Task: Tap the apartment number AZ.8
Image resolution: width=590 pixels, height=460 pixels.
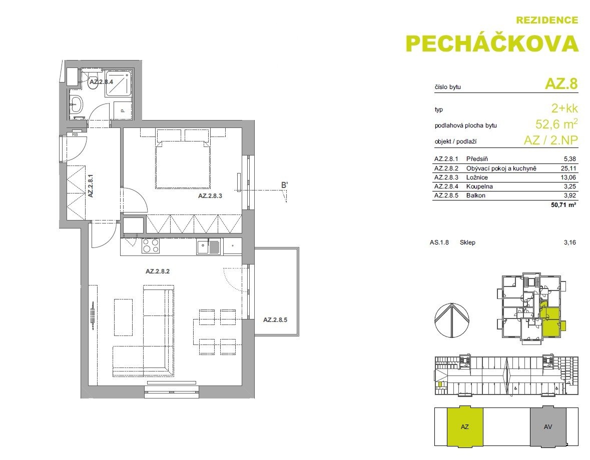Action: point(561,83)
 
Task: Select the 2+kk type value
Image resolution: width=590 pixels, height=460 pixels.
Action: point(564,108)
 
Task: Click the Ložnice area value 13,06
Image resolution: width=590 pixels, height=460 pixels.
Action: point(568,177)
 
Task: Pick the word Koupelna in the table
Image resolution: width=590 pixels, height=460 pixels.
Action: point(479,186)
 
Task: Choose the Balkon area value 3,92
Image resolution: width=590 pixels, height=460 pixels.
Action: point(570,195)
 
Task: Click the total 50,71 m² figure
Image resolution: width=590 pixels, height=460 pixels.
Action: point(563,205)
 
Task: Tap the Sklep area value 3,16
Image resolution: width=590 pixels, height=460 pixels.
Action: point(570,242)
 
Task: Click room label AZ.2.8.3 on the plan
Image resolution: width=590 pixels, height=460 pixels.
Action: point(210,196)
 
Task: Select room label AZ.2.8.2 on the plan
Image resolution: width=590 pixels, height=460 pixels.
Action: point(158,271)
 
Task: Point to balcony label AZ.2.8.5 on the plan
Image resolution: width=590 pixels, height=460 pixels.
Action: point(275,320)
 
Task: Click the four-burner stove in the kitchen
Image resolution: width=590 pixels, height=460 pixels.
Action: point(150,246)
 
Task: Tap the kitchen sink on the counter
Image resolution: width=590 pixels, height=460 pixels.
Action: point(208,246)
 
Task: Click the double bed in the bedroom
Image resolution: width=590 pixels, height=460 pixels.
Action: point(183,158)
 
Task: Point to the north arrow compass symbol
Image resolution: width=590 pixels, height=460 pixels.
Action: point(451,320)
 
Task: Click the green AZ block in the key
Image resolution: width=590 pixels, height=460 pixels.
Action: point(465,426)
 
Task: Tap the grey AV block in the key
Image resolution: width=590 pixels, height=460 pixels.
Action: point(548,426)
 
